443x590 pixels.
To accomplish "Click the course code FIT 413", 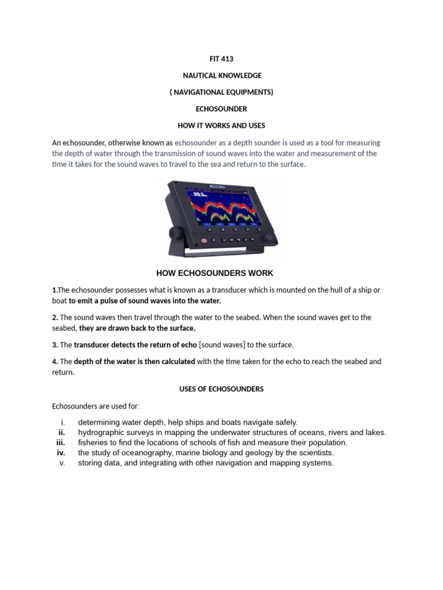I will [221, 59].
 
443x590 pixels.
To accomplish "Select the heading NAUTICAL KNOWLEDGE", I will [221, 75].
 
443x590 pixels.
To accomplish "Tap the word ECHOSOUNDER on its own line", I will [221, 109].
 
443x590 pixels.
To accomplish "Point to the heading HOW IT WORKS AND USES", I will [221, 126].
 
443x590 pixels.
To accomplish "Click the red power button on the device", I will [203, 240].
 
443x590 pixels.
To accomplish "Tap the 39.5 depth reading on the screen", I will [197, 195].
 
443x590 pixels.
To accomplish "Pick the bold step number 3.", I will [55, 345].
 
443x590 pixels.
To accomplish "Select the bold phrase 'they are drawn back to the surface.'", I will [137, 328].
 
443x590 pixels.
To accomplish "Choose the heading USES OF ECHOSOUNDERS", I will [221, 389].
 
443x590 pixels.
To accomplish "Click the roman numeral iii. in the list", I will [61, 442].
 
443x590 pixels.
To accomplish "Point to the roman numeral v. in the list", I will [62, 463].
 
